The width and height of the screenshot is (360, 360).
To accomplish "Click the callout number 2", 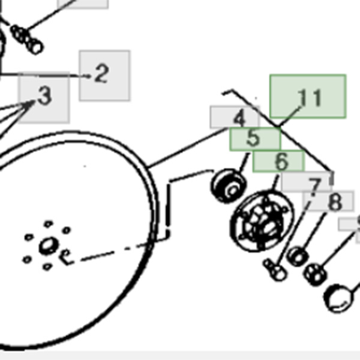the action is click(101, 73).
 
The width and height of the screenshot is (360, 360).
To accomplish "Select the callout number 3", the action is click(45, 96).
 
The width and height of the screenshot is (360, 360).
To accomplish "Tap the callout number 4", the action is click(239, 118).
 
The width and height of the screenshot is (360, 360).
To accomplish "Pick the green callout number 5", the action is click(253, 138).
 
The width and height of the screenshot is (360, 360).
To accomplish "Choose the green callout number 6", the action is click(281, 161).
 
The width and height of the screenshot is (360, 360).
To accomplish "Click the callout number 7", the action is click(314, 187).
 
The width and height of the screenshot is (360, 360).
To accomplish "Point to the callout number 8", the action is click(335, 202).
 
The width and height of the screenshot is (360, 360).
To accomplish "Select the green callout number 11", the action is click(309, 98).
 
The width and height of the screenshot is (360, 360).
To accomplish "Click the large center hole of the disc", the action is click(49, 245).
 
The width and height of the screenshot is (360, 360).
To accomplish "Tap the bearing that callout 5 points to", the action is click(229, 186).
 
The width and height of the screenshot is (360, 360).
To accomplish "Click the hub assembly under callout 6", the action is click(262, 221).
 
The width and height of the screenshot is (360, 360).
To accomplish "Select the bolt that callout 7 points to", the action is click(275, 270).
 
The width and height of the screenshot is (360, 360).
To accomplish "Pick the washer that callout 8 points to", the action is click(298, 256).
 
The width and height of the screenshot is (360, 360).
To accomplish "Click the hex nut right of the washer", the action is click(315, 275).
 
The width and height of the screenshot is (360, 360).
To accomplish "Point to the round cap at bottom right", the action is click(338, 298).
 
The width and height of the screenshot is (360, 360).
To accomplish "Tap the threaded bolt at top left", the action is click(27, 40).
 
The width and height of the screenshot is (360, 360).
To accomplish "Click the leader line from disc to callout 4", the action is click(187, 148).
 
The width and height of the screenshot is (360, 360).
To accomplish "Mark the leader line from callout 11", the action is click(290, 116).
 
